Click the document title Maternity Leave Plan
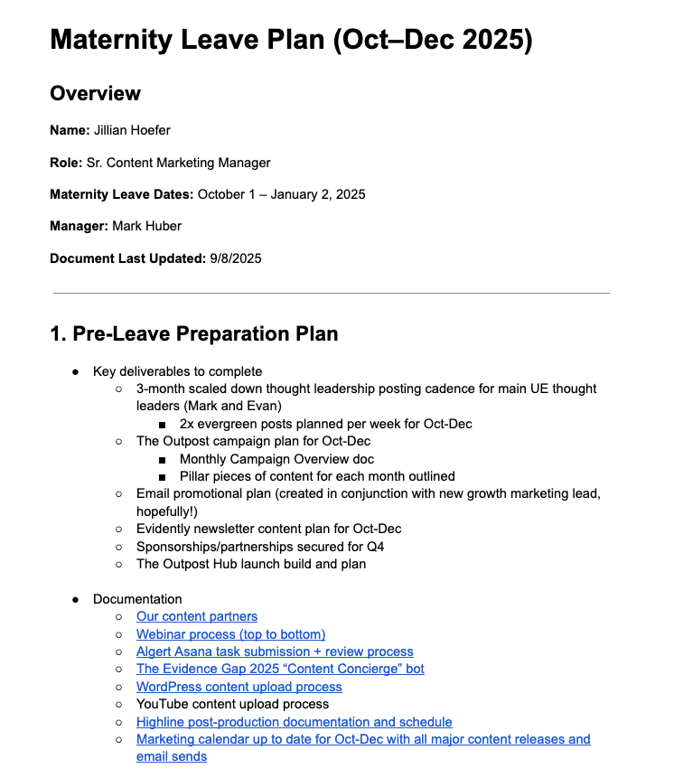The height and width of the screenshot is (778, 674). coord(290,41)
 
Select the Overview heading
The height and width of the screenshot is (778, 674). coord(95,94)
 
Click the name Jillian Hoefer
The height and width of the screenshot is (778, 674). coord(132,130)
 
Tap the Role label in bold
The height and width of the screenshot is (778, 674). coord(66,163)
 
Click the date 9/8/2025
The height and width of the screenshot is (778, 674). coord(236,258)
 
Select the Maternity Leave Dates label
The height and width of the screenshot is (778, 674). coord(121,194)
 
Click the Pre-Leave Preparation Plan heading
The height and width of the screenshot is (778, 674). coord(193,334)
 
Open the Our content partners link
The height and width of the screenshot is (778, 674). coord(197,616)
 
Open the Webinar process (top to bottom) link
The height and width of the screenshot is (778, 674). coord(230,634)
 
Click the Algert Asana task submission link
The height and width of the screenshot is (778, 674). coord(275,651)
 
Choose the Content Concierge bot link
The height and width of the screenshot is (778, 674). coord(280,670)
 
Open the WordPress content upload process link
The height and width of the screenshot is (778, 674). coord(239,687)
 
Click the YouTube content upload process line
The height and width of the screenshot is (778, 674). coord(232,704)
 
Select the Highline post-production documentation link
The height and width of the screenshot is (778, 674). coord(295,722)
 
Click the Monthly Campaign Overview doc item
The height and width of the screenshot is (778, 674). coord(276,459)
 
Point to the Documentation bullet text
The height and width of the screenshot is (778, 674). coord(137,599)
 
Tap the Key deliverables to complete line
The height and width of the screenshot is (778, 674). coord(177,371)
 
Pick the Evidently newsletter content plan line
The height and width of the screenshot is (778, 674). coord(268,529)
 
